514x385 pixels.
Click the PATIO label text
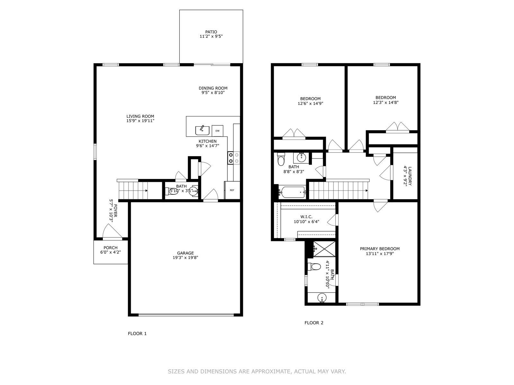[211, 32]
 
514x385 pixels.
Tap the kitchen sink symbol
[202, 130]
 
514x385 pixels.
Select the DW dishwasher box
[217, 131]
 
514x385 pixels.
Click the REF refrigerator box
[232, 190]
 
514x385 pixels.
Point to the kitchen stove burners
[234, 158]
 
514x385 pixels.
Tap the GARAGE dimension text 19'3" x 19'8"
[185, 258]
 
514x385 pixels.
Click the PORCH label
[111, 248]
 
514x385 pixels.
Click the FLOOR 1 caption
[137, 334]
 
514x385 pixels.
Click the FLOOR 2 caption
[314, 323]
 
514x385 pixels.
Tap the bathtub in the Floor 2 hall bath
[292, 192]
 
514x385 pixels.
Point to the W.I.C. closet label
[306, 217]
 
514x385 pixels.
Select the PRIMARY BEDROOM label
[380, 249]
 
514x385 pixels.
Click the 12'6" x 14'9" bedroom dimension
[310, 104]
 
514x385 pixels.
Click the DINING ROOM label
[213, 88]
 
